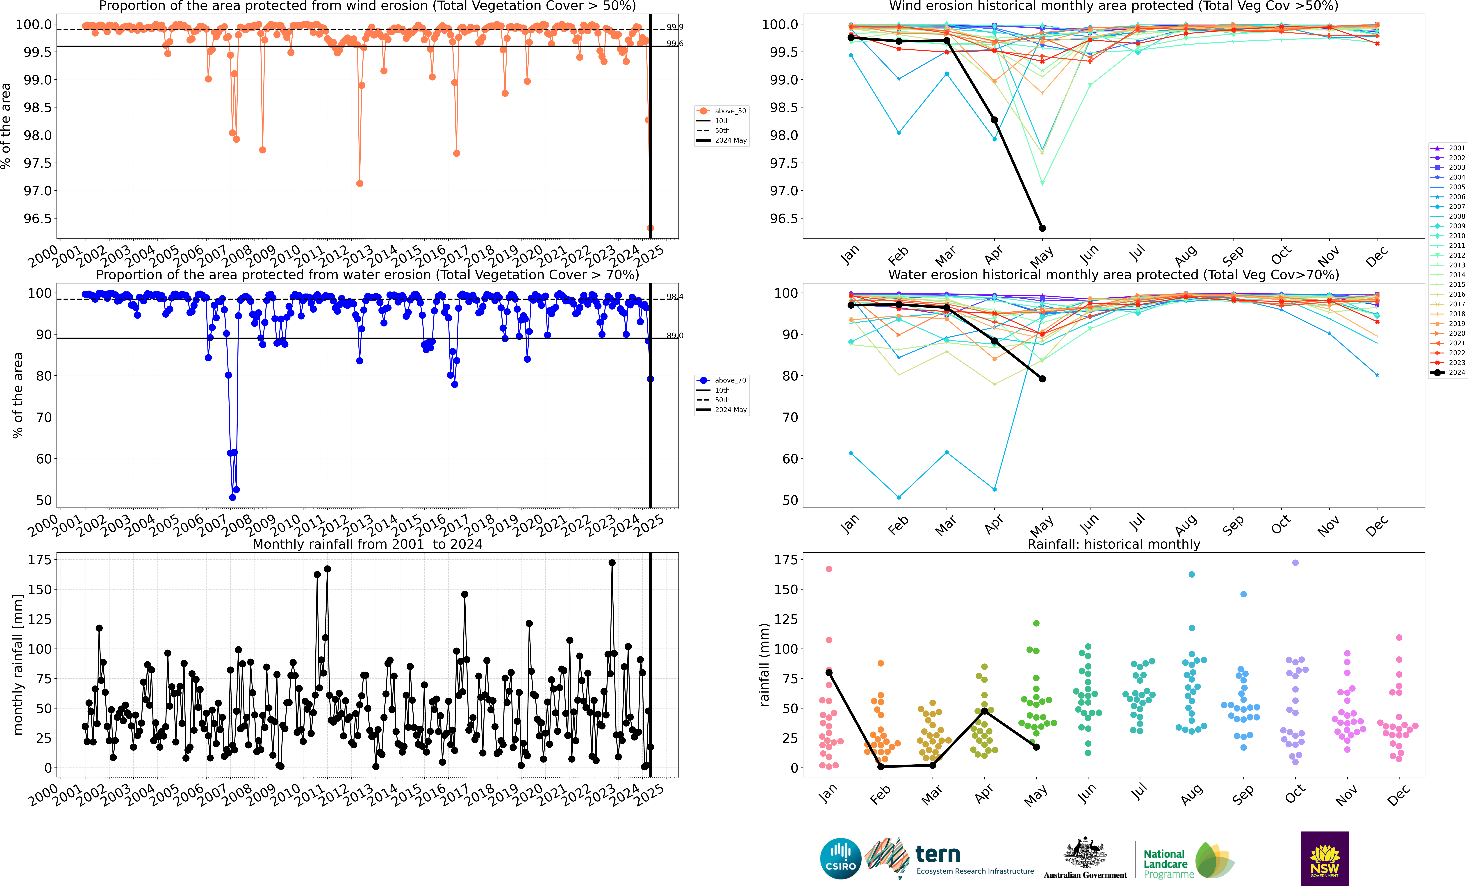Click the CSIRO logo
[840, 859]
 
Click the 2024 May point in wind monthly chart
[1042, 228]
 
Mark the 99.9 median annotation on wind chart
[674, 27]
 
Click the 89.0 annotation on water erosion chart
[674, 335]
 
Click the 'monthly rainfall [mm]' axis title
[18, 664]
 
